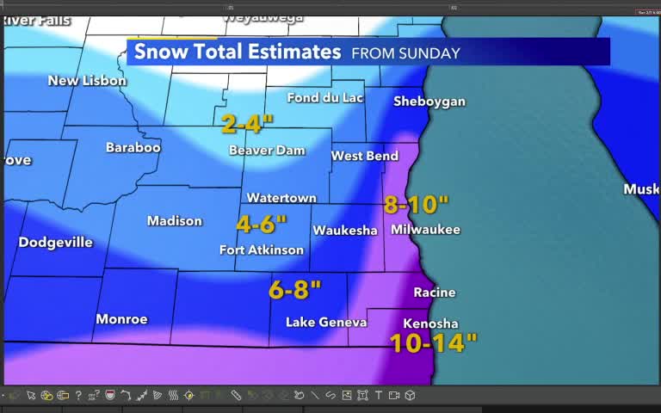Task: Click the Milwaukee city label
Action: click(425, 230)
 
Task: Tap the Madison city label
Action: click(174, 221)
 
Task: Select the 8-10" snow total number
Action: click(417, 205)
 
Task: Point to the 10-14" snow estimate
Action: click(433, 343)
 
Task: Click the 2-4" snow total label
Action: click(247, 124)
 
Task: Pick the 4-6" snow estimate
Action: click(261, 225)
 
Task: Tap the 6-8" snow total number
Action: click(294, 290)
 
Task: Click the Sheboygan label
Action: click(429, 102)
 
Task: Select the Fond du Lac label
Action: click(324, 98)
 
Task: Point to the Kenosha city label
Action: click(430, 324)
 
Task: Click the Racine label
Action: click(434, 293)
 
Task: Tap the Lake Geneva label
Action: click(326, 322)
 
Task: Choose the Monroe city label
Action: click(121, 319)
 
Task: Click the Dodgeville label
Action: click(55, 243)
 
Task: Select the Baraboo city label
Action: click(133, 148)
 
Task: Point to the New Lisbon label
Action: click(87, 81)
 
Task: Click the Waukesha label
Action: click(344, 231)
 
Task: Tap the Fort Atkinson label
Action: click(261, 250)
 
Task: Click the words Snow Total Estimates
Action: click(238, 52)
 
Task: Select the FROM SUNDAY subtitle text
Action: click(405, 53)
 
